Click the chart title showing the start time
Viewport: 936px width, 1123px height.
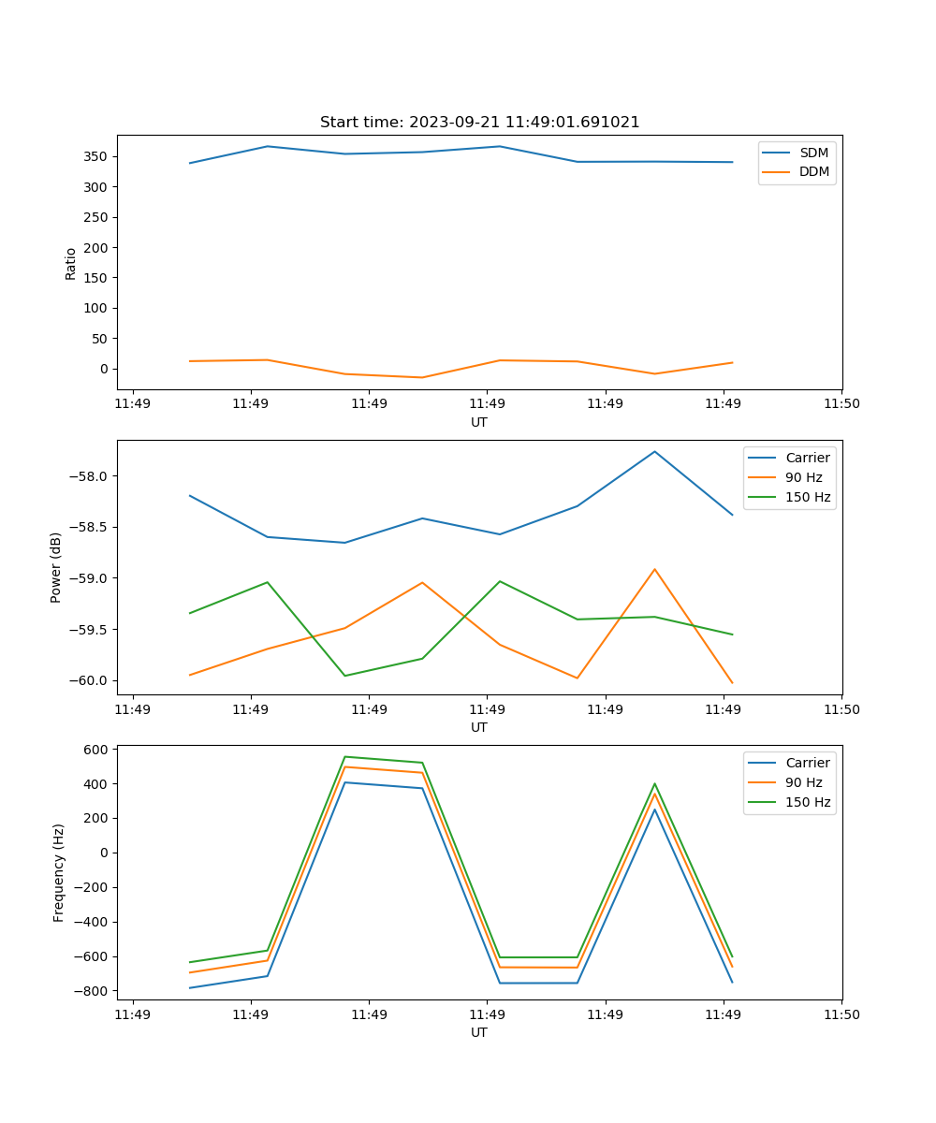pyautogui.click(x=479, y=123)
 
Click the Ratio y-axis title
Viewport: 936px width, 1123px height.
pyautogui.click(x=71, y=263)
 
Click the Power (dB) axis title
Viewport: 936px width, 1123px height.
pyautogui.click(x=56, y=567)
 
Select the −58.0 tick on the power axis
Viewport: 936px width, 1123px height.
pyautogui.click(x=90, y=475)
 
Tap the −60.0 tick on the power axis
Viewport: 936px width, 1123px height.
pyautogui.click(x=90, y=680)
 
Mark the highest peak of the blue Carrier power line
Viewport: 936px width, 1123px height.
pyautogui.click(x=654, y=451)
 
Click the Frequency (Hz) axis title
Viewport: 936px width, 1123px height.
pyautogui.click(x=58, y=872)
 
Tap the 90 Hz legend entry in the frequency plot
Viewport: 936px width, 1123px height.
pyautogui.click(x=803, y=782)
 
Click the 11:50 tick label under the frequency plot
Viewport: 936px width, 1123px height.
pyautogui.click(x=841, y=1014)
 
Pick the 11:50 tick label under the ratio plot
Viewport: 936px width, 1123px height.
pyautogui.click(x=841, y=404)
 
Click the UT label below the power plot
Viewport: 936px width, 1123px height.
pyautogui.click(x=479, y=727)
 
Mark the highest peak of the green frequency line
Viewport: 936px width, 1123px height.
pyautogui.click(x=344, y=756)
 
